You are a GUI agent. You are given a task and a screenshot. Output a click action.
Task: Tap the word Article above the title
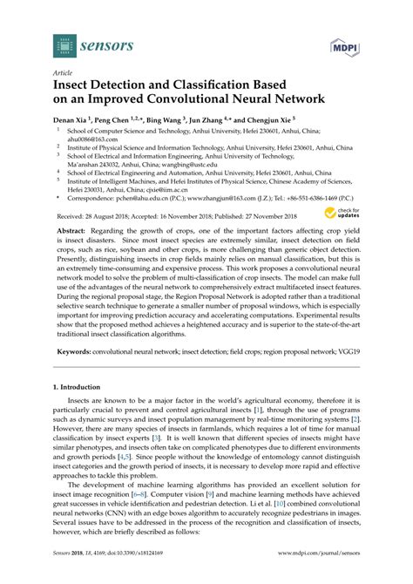[x=63, y=74]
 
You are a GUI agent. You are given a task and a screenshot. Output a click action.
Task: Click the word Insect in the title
[x=77, y=86]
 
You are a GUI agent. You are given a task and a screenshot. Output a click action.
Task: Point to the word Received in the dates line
[x=71, y=214]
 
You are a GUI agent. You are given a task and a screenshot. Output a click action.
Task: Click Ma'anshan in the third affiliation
[x=86, y=163]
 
